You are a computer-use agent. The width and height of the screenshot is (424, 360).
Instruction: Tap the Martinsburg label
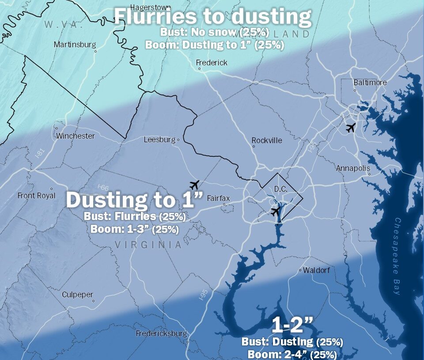[75, 45]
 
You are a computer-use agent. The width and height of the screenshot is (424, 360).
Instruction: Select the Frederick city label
[212, 63]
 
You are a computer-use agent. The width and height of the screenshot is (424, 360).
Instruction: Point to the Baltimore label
[370, 83]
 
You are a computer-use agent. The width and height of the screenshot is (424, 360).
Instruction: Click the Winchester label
[75, 136]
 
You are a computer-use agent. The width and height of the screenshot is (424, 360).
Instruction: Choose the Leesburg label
[159, 140]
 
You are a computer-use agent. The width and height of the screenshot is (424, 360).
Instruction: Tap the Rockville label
[267, 140]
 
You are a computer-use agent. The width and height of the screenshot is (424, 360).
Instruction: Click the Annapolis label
[353, 168]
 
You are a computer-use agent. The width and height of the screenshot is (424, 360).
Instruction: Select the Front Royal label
[36, 195]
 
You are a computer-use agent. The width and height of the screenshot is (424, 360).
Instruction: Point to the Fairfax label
[218, 198]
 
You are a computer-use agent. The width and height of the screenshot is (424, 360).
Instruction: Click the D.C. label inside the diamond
[280, 189]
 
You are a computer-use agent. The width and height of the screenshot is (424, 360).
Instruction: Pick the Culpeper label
[77, 295]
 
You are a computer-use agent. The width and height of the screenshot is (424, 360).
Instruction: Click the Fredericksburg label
[161, 333]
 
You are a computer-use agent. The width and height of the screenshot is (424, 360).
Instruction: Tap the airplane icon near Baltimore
[351, 128]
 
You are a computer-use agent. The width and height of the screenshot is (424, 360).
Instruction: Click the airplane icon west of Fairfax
[194, 184]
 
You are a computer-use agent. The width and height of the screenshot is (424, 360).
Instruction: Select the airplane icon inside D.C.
[276, 211]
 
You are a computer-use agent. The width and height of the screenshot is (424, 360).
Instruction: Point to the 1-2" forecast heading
[292, 326]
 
